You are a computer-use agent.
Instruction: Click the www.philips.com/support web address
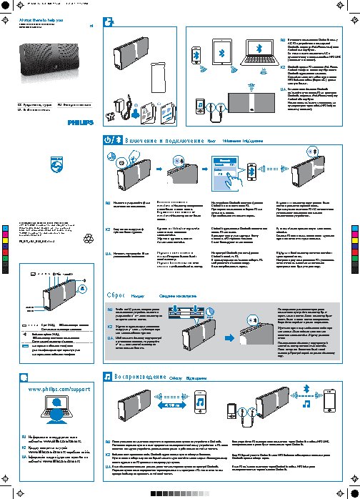[x=58, y=390]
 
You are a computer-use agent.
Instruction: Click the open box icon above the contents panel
[x=109, y=23]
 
